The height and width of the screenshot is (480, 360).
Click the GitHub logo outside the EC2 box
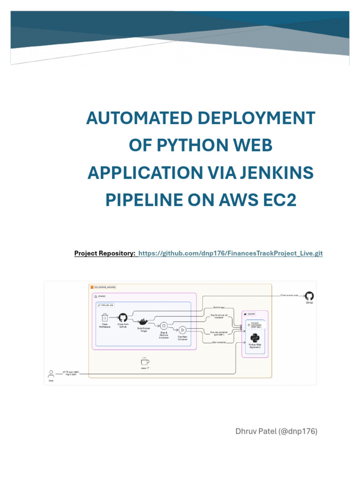pos(309,296)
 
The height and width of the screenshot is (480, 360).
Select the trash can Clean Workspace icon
pos(105,318)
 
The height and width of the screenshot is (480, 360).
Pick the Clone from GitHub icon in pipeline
pos(123,318)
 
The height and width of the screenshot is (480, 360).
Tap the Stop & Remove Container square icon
pos(164,326)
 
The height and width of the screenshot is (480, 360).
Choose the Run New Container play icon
pos(183,330)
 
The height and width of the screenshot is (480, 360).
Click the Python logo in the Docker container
pos(255,337)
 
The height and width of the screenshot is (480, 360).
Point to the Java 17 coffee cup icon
pos(145,361)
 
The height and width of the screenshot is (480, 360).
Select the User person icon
pos(51,374)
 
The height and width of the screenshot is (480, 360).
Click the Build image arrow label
pos(218,307)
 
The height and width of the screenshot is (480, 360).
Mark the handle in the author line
pos(300,431)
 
